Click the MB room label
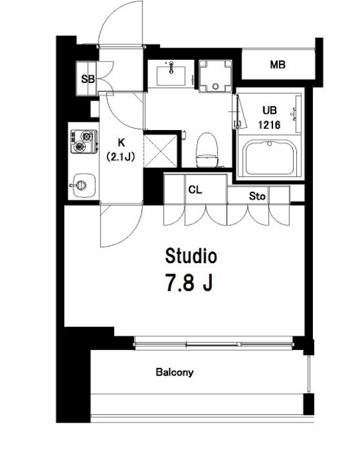[x=278, y=65]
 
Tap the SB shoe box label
[x=88, y=78]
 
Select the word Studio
[x=191, y=255]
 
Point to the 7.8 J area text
[x=189, y=282]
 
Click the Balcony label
[x=175, y=373]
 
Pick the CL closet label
[x=195, y=190]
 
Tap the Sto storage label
[x=257, y=196]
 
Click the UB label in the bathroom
[x=270, y=110]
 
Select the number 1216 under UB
[x=269, y=125]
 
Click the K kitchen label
[x=121, y=142]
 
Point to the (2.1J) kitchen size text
[x=120, y=157]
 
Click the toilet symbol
[x=207, y=150]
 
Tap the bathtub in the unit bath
[x=270, y=158]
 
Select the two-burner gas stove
[x=84, y=142]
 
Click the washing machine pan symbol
[x=216, y=76]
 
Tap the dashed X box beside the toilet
[x=160, y=151]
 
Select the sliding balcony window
[x=213, y=344]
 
